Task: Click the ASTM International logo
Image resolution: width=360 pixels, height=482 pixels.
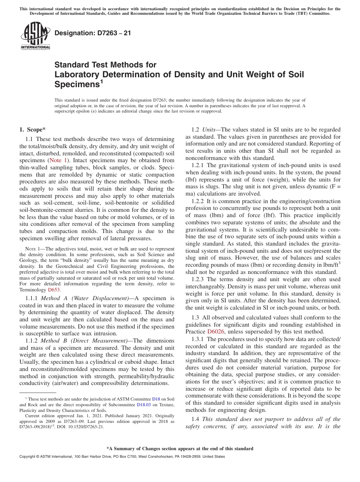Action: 35,36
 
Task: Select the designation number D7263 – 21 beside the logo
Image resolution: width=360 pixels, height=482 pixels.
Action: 93,33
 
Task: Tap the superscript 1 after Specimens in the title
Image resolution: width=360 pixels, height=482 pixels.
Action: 102,81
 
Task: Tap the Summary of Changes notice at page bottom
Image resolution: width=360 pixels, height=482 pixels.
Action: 180,449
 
